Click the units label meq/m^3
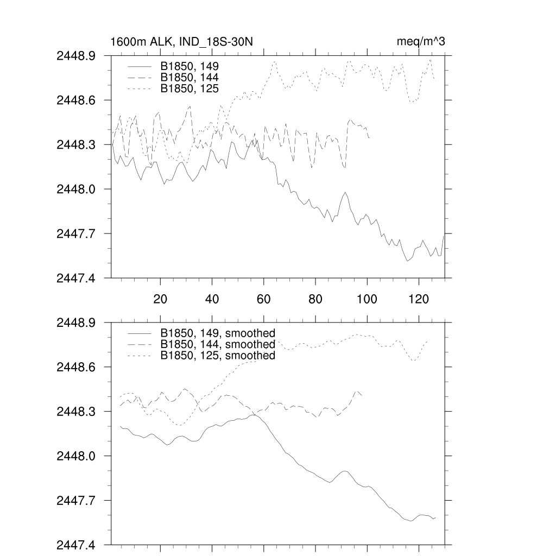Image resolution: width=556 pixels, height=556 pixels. [x=421, y=42]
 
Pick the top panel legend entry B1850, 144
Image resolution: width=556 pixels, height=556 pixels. [x=189, y=77]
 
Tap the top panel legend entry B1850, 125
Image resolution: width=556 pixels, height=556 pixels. [x=189, y=88]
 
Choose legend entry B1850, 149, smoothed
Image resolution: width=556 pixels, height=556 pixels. [x=218, y=333]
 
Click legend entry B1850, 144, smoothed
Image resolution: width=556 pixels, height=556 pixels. [x=218, y=344]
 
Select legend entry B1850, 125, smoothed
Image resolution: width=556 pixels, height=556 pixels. [x=218, y=355]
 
